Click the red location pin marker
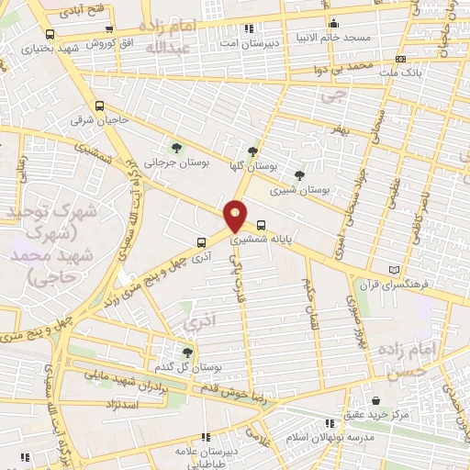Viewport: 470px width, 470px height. point(236,216)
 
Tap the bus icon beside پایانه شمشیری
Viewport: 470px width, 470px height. point(263,224)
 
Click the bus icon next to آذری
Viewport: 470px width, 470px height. point(201,243)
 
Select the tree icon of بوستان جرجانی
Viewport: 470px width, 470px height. point(177,148)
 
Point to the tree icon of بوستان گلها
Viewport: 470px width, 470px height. point(252,152)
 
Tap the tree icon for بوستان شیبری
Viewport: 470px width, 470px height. point(299,175)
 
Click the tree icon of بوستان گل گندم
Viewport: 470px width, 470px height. point(187,352)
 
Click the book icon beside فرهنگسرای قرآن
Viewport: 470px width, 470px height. point(395,270)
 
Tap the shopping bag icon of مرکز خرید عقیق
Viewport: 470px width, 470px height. point(377,399)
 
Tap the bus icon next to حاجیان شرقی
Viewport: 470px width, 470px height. point(98,106)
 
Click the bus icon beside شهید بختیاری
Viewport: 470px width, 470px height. point(49,34)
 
